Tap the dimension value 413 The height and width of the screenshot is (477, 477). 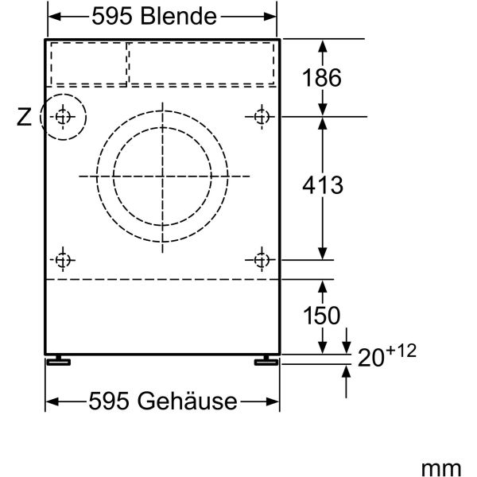[x=322, y=185]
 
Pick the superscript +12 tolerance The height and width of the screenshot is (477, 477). [x=402, y=351]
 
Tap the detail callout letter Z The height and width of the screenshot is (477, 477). [x=25, y=118]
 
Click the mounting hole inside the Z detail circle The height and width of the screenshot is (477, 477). [x=63, y=118]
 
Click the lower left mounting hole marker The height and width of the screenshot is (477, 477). [x=63, y=259]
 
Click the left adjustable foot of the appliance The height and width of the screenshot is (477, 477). [x=58, y=361]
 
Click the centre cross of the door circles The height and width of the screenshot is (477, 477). [x=162, y=175]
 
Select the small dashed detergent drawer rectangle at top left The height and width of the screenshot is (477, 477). [x=89, y=63]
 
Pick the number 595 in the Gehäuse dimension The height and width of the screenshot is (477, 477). [x=112, y=401]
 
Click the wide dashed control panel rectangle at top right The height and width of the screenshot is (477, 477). [x=202, y=63]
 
